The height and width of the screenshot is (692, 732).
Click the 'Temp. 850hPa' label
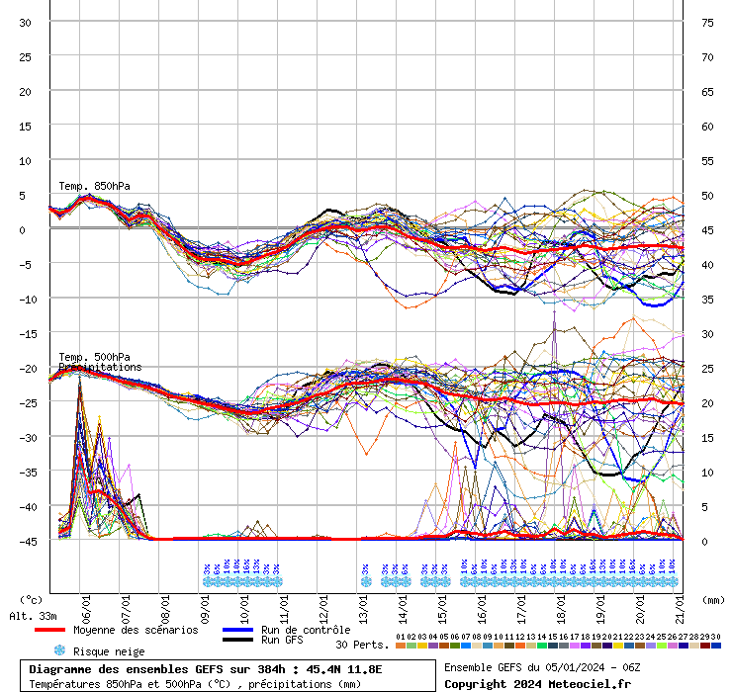94,186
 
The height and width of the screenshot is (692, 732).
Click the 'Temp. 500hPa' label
94,357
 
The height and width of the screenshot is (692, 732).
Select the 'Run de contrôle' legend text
306,630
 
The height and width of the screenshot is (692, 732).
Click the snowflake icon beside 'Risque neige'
59,650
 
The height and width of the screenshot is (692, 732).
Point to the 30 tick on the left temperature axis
26,23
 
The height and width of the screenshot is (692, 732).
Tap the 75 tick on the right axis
707,23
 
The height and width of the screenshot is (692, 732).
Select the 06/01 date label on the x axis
87,603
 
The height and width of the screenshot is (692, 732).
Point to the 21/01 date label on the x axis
681,603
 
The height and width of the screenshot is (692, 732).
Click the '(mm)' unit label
712,599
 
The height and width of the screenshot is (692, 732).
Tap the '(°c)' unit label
32,599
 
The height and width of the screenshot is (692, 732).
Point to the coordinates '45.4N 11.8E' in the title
344,669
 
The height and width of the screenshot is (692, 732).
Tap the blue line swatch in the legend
237,630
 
